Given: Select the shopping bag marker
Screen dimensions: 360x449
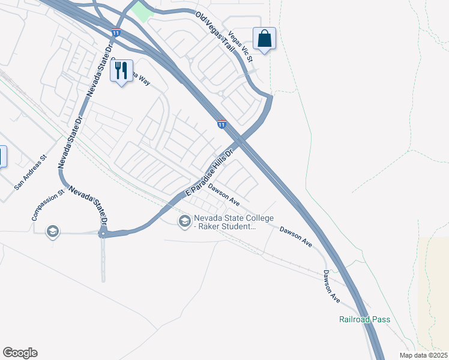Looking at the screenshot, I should coord(264,40).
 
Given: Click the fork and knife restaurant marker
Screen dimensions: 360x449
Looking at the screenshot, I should coord(122,71).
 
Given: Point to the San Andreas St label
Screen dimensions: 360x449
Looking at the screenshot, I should coord(31,174).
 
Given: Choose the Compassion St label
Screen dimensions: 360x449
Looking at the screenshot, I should coord(48,206).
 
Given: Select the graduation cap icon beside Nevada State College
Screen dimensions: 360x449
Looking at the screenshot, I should coord(184,222).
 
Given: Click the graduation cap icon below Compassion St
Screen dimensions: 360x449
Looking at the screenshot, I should coord(53,232).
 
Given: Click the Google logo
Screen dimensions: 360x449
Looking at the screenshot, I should coord(20,353).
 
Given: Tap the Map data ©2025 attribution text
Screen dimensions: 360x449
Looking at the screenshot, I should coord(424,355).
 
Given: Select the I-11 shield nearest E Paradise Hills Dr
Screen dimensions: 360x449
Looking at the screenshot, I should coord(221,124).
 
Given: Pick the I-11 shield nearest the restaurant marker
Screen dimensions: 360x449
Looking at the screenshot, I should coord(116,32).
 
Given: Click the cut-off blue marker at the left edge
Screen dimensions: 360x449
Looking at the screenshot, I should coord(2,157).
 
